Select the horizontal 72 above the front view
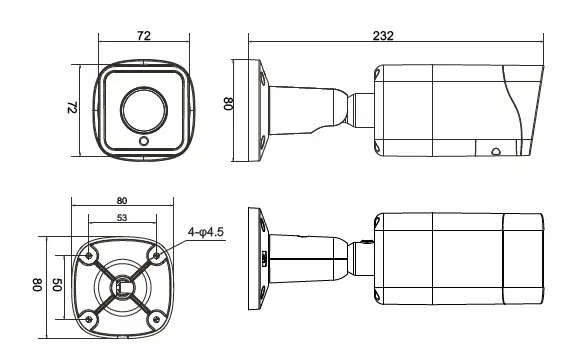click(x=143, y=36)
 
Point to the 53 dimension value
click(x=121, y=217)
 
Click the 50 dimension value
click(x=57, y=287)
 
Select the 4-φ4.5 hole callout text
click(x=207, y=234)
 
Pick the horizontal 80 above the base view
click(x=121, y=200)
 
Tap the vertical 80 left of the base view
click(x=37, y=287)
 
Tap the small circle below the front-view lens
click(x=144, y=142)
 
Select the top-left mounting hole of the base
click(x=91, y=254)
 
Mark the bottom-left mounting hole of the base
click(x=91, y=319)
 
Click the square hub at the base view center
click(x=122, y=287)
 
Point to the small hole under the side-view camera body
click(x=494, y=153)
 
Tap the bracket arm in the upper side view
click(x=310, y=104)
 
